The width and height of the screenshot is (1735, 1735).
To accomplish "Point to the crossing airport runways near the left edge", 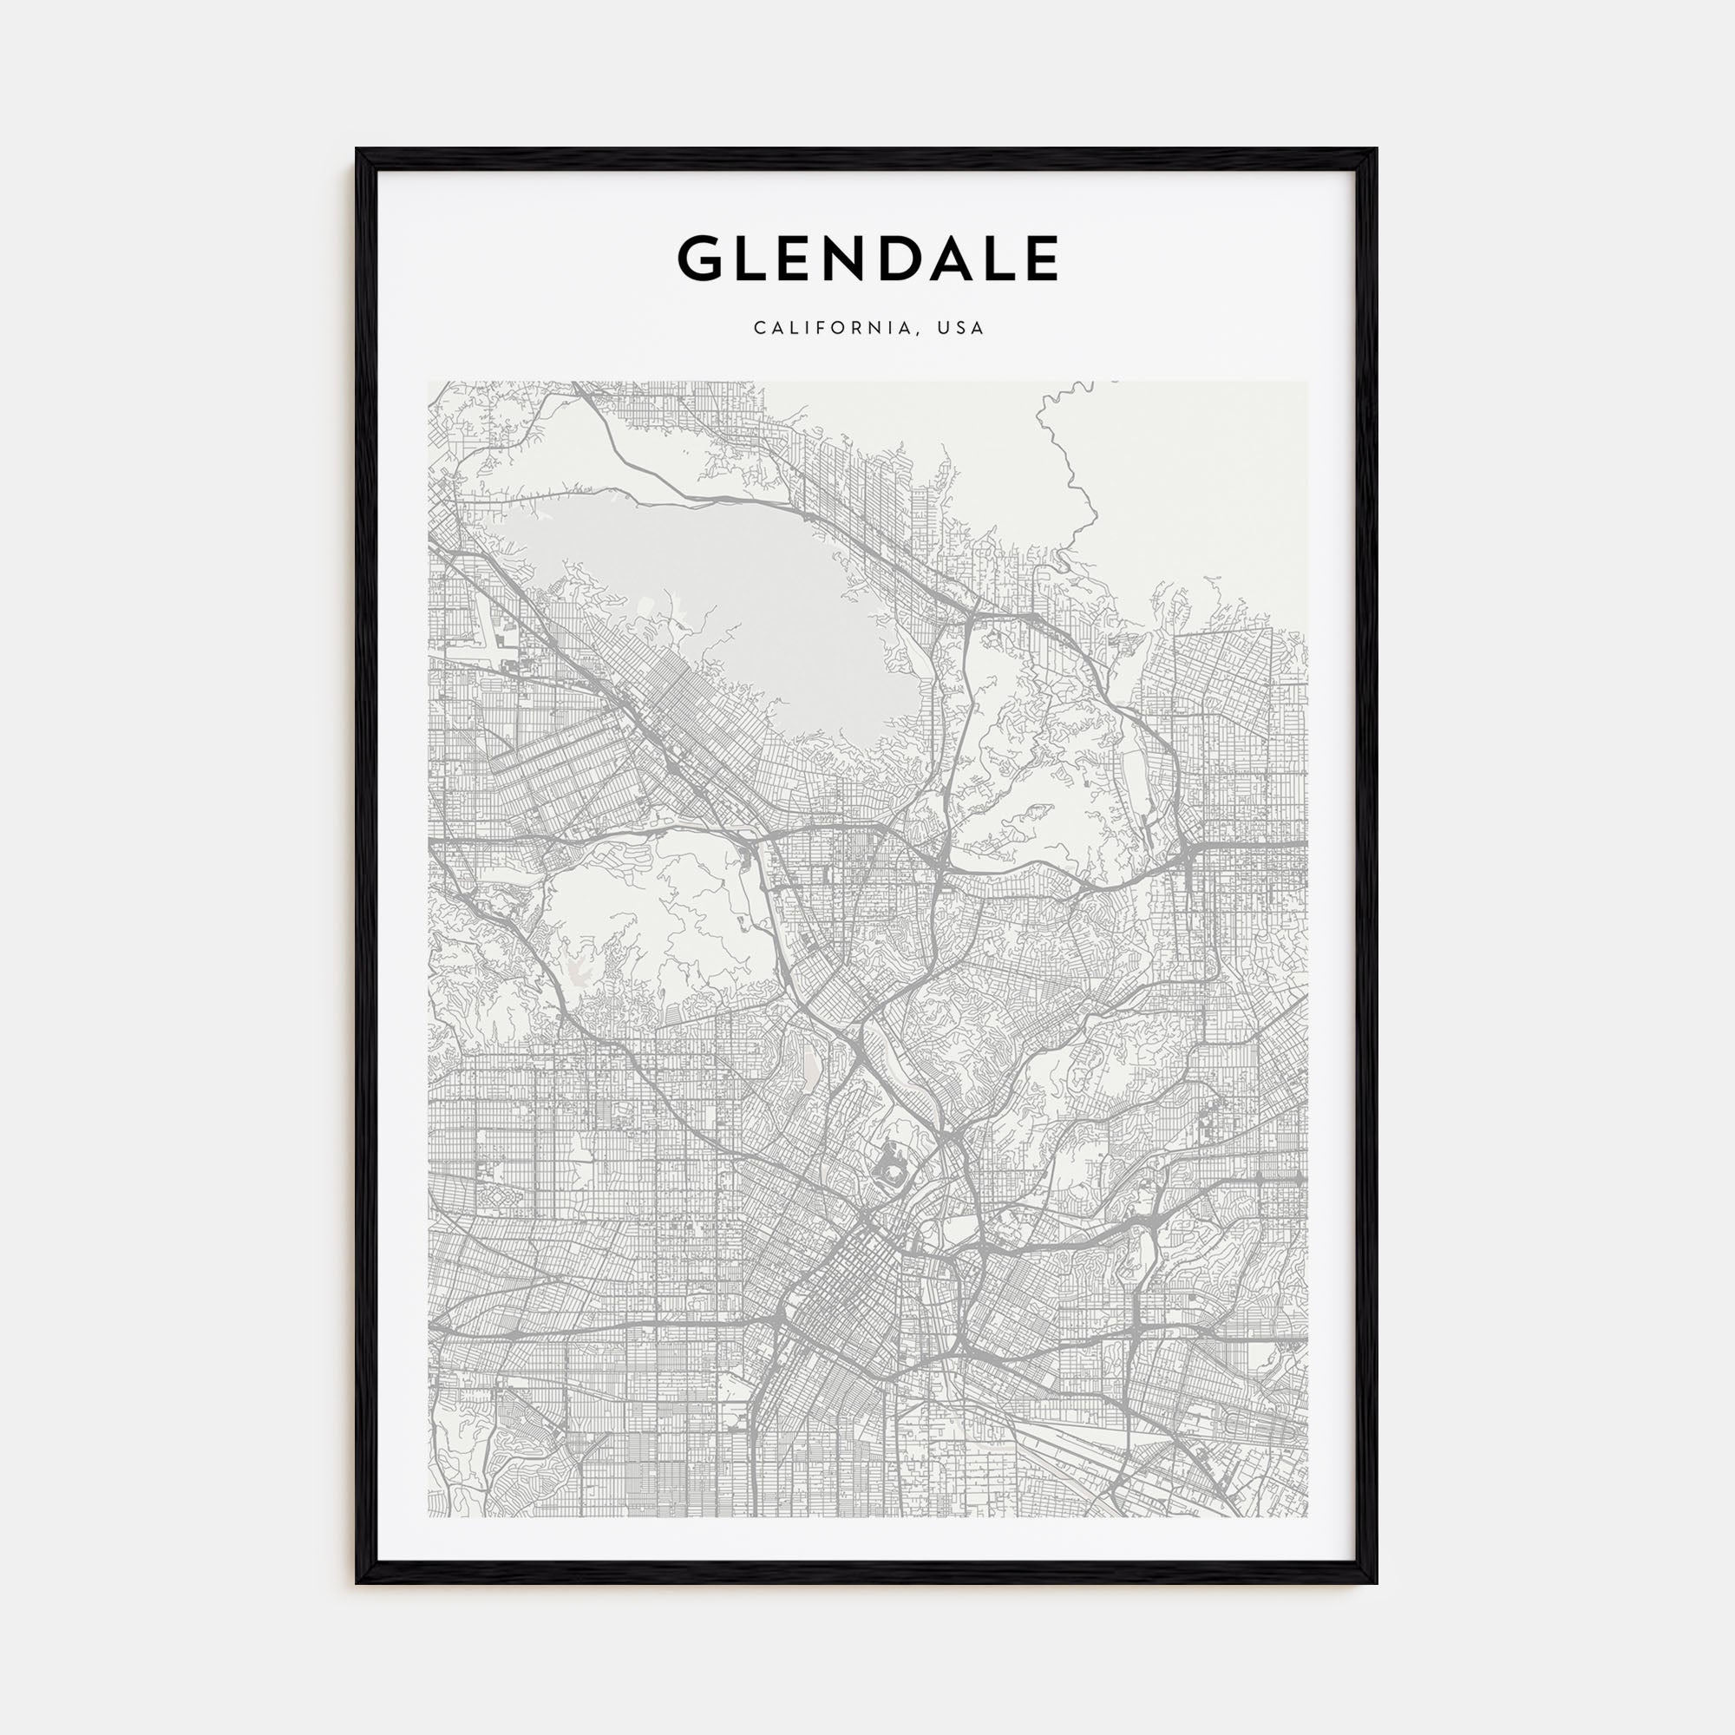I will [x=496, y=638].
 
